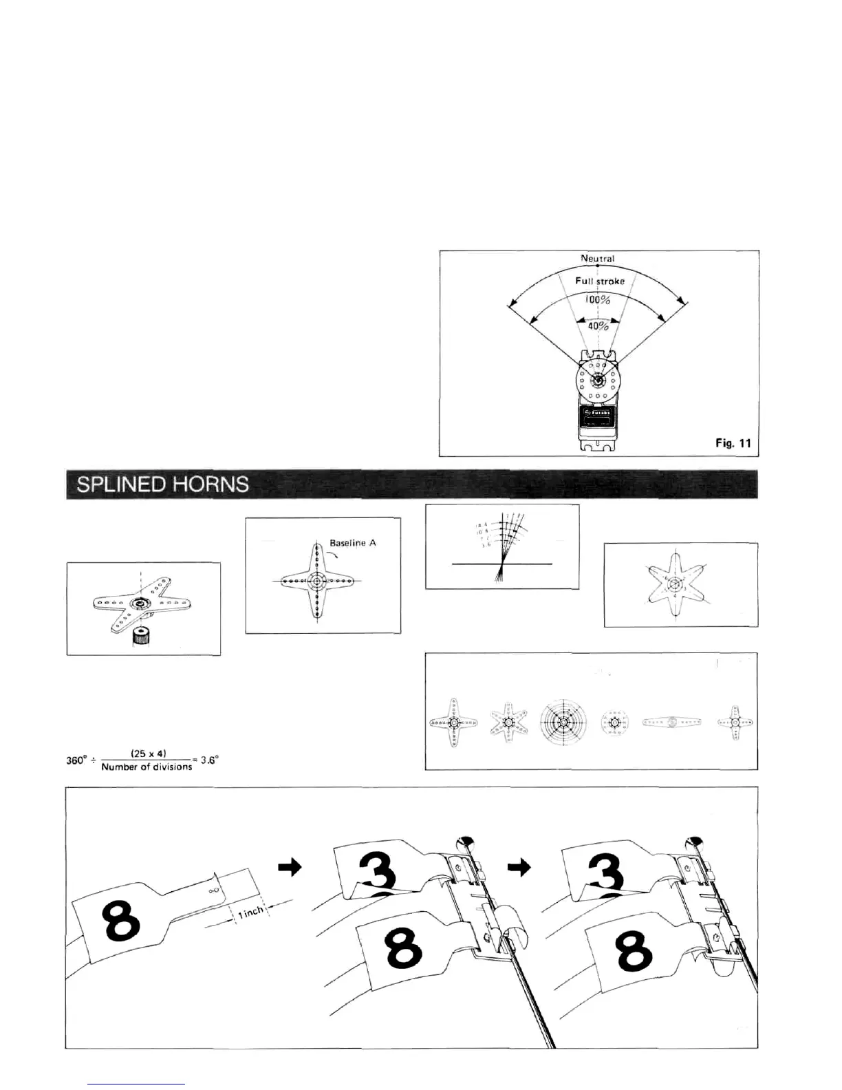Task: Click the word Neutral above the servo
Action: pos(597,259)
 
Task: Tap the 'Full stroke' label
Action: pos(600,281)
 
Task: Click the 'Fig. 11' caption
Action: pos(733,443)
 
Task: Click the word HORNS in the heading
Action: pos(210,484)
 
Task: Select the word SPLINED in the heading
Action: pos(118,484)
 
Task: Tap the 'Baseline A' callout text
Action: pos(353,543)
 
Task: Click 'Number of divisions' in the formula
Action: pos(147,767)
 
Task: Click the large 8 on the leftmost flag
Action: pos(121,922)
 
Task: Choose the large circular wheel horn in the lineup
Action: pos(563,723)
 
